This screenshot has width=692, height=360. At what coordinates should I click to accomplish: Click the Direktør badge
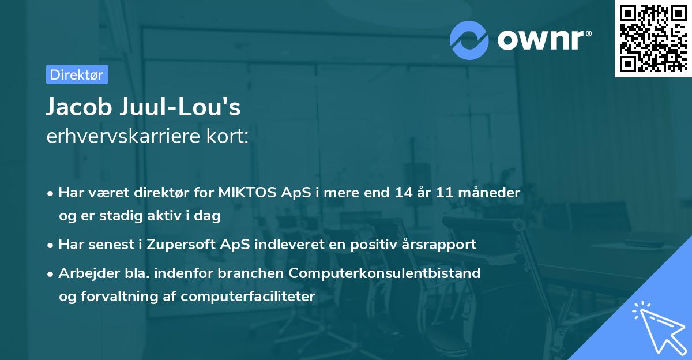point(77,74)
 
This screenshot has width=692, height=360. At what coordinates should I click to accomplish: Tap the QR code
point(653,38)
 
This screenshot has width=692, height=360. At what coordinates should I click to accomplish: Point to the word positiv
point(365,244)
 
